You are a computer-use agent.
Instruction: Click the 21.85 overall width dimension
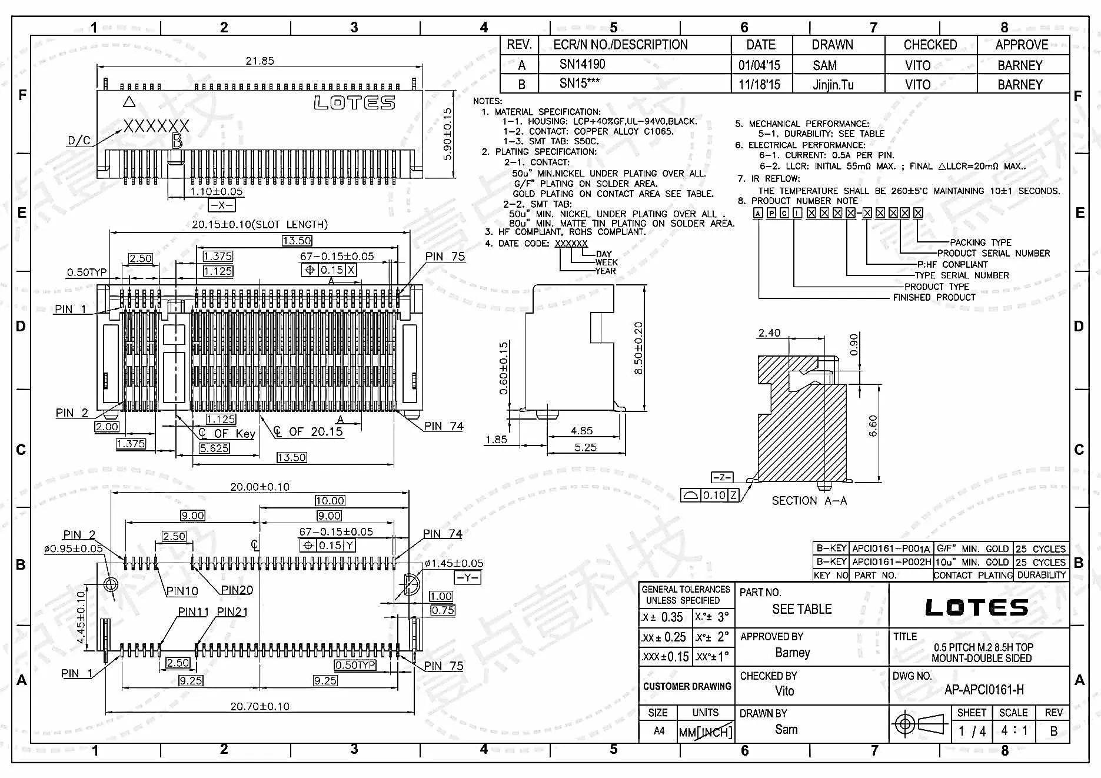click(x=260, y=61)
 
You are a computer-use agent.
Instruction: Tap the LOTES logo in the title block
click(x=977, y=607)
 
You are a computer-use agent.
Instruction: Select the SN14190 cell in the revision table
click(x=582, y=64)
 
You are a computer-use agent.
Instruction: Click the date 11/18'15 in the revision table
click(x=760, y=84)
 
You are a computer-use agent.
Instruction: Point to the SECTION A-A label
click(x=810, y=501)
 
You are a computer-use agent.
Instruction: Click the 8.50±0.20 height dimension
click(x=638, y=348)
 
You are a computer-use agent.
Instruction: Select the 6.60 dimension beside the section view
click(x=873, y=426)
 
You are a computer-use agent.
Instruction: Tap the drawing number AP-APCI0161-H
click(x=984, y=690)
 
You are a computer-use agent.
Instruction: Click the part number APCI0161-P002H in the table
click(x=892, y=562)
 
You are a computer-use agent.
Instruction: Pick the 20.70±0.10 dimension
click(x=260, y=706)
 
